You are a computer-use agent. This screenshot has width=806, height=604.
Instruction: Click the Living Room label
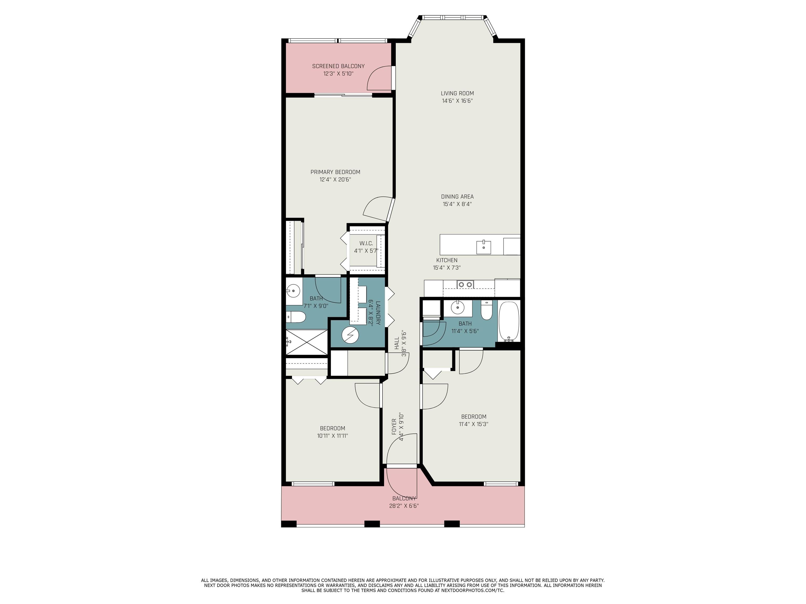point(457,94)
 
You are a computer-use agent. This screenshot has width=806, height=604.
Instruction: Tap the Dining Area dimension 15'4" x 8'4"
point(457,204)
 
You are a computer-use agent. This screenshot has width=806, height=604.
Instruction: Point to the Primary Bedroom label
point(335,172)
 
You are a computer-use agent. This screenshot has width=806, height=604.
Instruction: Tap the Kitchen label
point(447,260)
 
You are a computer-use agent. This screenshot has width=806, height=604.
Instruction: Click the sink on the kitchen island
point(484,247)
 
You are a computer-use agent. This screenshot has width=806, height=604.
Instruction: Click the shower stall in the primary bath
point(307,342)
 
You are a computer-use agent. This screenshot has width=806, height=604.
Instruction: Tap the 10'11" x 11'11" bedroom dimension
point(332,436)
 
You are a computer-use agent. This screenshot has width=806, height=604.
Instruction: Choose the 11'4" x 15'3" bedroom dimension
point(473,424)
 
